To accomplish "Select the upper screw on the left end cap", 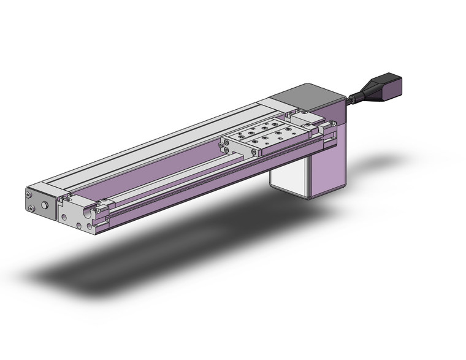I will tap(29, 194).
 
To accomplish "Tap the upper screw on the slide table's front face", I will tap(226, 145).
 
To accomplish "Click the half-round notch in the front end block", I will tap(94, 213).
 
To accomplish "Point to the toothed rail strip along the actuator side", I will tap(215, 178).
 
